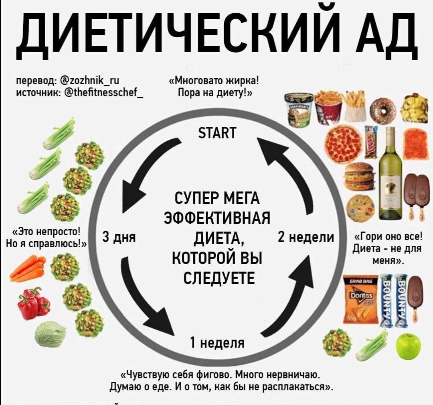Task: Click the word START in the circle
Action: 217,133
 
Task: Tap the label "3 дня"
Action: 119,237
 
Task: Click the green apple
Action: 408,346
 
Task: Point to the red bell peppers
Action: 33,303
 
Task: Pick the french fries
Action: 355,105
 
